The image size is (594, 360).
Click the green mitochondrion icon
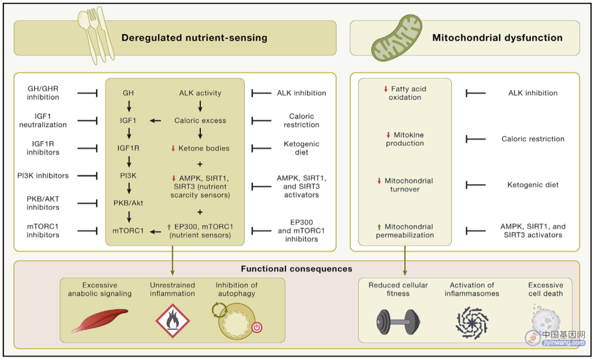point(396,38)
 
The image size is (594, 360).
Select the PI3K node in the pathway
point(128,176)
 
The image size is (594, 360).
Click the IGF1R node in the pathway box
point(128,148)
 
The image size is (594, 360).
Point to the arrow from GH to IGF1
point(129,107)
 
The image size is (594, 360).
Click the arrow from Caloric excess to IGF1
point(155,121)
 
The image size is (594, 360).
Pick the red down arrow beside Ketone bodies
point(173,148)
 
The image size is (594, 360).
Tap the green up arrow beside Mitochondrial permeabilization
point(379,227)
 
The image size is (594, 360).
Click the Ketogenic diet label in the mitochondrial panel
point(532,185)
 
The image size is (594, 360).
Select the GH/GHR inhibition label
point(43,93)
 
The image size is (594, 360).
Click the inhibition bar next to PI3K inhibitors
point(87,176)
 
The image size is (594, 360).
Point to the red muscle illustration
point(100,320)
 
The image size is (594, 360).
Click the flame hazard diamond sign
point(173,321)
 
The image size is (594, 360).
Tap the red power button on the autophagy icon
point(257,327)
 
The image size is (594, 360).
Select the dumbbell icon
point(398,322)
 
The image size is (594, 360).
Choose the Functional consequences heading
point(296,269)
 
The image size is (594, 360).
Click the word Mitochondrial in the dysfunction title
point(466,38)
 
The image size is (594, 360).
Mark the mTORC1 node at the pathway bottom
point(128,230)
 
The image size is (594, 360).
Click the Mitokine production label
point(405,139)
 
